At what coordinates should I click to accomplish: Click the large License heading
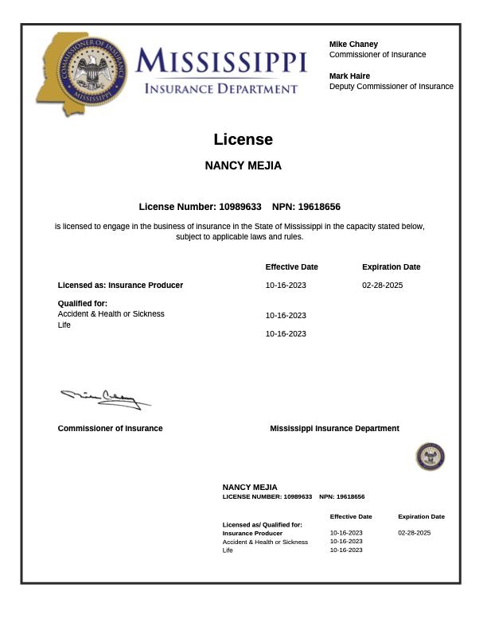243,140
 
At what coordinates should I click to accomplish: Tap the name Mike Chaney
353,44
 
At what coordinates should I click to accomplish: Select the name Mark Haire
349,76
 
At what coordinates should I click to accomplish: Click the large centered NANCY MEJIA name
243,166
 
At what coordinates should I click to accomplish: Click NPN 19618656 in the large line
319,207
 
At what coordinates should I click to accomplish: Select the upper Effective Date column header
291,267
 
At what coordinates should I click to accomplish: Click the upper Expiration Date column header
391,267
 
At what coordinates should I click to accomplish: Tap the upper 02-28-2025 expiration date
382,285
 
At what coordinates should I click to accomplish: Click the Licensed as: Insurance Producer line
120,285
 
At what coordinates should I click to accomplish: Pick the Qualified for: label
82,303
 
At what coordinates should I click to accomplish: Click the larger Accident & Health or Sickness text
111,314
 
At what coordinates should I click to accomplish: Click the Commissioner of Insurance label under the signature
110,429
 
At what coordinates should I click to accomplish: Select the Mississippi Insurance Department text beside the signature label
334,429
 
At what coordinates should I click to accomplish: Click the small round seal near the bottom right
430,457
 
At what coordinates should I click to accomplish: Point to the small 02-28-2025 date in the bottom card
414,533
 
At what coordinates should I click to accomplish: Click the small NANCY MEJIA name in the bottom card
250,487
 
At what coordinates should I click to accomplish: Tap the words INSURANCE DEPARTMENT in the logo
220,89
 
